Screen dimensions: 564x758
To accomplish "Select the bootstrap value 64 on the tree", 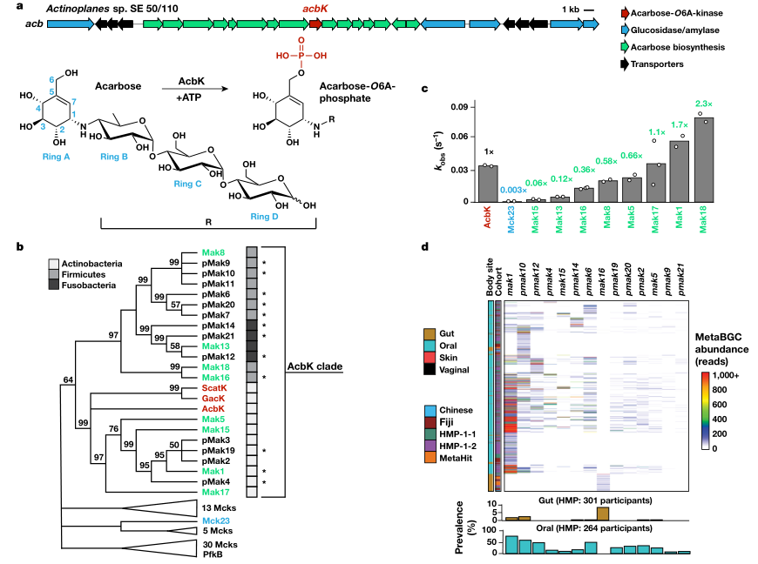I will pyautogui.click(x=69, y=378).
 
